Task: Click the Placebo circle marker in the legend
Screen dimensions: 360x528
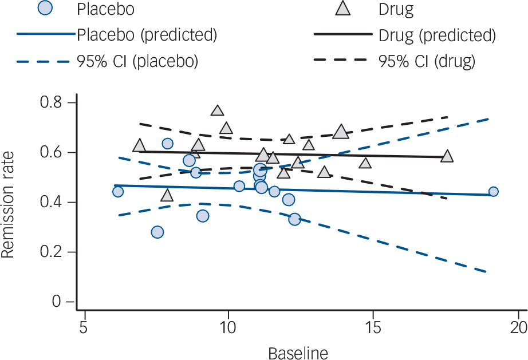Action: point(45,9)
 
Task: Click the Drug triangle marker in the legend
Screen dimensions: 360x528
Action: point(343,9)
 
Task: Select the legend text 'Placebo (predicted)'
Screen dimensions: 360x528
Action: point(147,35)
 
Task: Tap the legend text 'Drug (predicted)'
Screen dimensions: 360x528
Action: point(437,35)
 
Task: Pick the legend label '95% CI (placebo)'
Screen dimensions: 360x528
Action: point(137,61)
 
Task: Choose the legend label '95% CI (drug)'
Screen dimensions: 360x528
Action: point(427,61)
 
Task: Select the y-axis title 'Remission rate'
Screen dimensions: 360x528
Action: point(9,202)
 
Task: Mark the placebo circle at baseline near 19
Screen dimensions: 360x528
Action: point(493,192)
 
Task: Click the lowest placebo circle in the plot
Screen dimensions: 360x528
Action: point(157,232)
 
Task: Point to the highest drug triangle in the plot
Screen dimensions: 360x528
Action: point(217,111)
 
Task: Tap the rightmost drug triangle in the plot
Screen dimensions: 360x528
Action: point(447,156)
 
